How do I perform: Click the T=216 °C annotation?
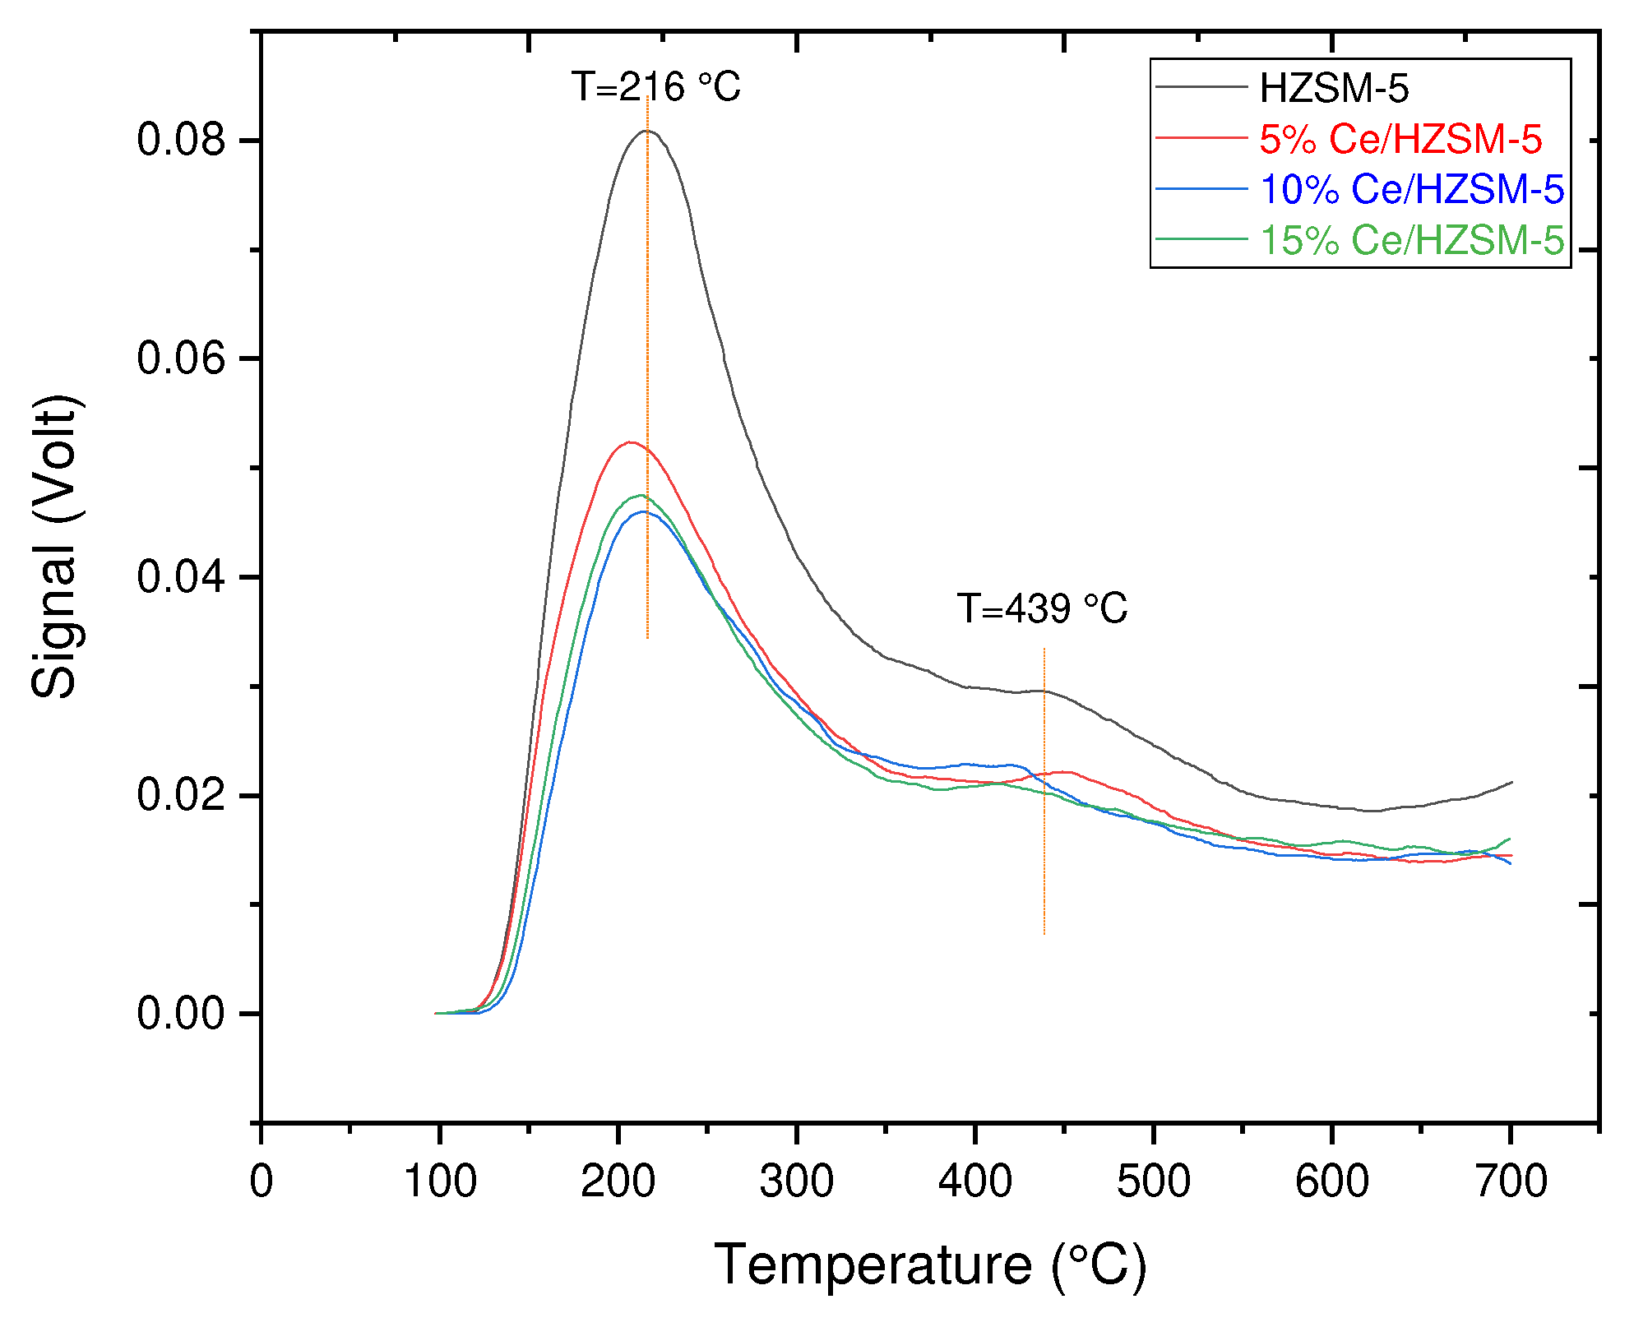point(655,87)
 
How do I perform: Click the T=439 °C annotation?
point(1042,609)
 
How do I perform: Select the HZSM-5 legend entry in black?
point(1334,89)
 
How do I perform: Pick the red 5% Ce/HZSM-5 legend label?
point(1400,139)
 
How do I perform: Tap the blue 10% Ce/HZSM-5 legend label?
point(1411,189)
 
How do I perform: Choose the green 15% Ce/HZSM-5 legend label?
point(1411,240)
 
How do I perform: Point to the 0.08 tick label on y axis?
point(181,140)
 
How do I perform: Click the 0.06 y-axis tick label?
point(181,358)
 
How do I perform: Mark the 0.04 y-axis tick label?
point(181,576)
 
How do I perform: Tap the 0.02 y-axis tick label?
point(181,795)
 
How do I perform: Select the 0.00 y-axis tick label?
point(181,1014)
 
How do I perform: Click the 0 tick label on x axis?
point(261,1182)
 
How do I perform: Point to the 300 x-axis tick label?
point(796,1182)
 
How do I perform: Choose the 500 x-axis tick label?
point(1153,1182)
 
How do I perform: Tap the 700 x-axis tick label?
point(1511,1182)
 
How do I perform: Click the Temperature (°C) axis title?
point(930,1265)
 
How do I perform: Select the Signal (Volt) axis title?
point(56,547)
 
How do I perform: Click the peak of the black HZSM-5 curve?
point(647,131)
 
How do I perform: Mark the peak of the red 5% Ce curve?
point(629,442)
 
